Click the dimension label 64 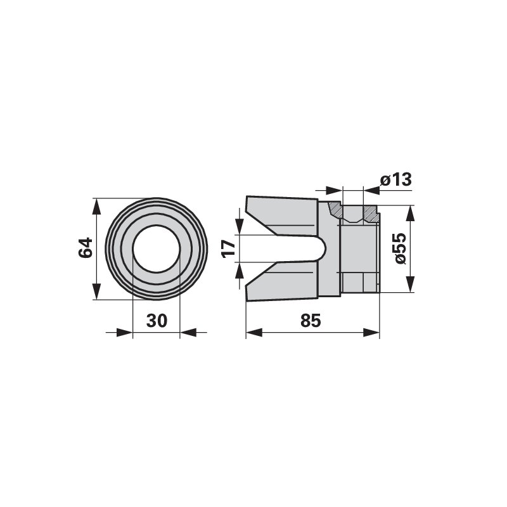point(86,248)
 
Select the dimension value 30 point(157,321)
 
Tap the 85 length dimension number point(311,321)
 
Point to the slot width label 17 point(229,248)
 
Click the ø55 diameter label point(401,248)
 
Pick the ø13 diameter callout point(396,180)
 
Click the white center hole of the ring point(156,248)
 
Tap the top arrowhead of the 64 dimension point(97,207)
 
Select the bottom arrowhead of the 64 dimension point(97,292)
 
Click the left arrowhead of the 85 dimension point(254,332)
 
